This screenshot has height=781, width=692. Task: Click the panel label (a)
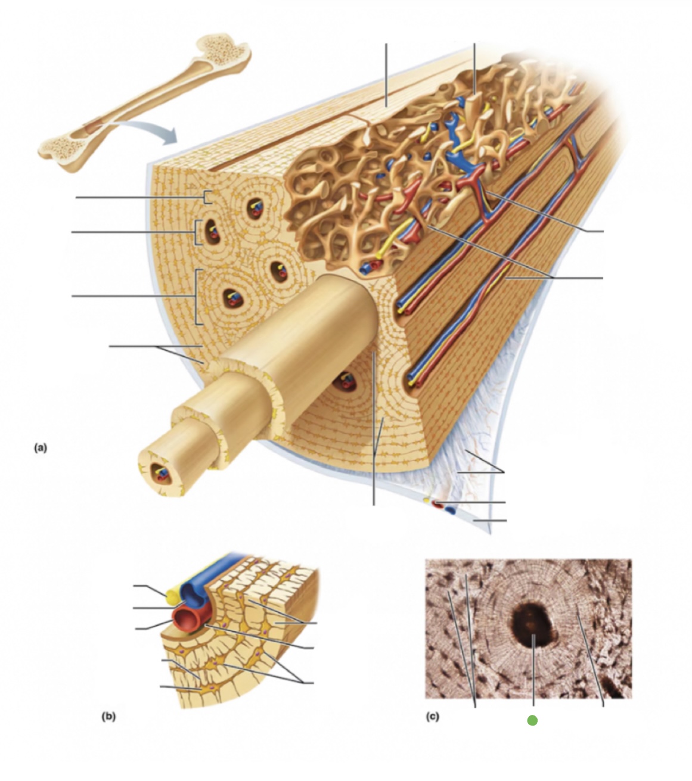(40, 447)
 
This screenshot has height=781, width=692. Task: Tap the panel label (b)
(108, 717)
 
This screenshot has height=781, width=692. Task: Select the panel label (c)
(433, 717)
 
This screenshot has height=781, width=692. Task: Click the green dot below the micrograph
(532, 720)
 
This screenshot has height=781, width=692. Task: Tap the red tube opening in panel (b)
(188, 620)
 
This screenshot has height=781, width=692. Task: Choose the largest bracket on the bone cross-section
(197, 297)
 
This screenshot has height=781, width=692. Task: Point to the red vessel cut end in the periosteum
(438, 505)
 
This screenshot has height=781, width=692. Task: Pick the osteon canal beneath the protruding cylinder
(344, 382)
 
